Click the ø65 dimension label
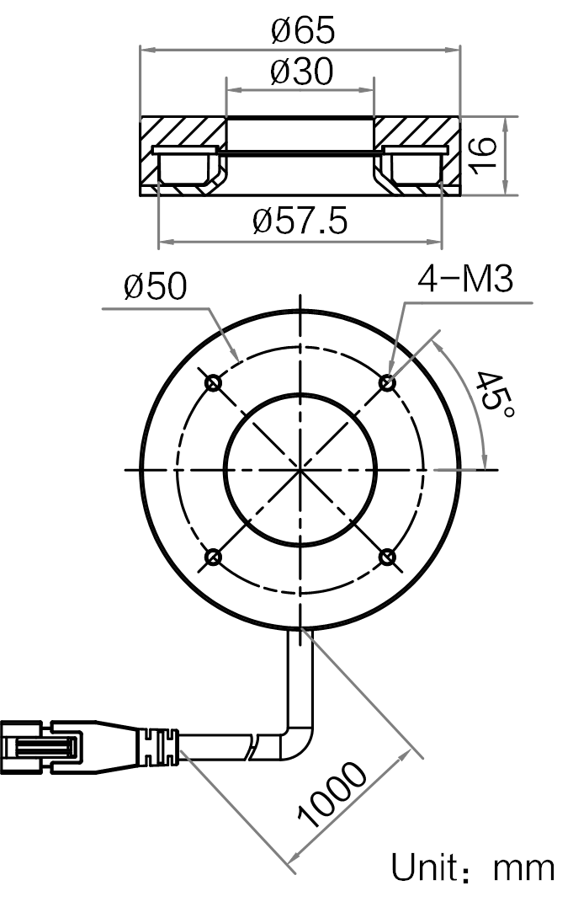click(x=303, y=30)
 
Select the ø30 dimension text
click(x=302, y=72)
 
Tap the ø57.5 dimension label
click(x=300, y=221)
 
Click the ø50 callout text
click(x=156, y=285)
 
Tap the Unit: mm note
click(x=473, y=867)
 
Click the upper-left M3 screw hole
click(x=214, y=382)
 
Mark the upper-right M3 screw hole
click(x=387, y=382)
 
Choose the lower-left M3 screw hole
click(x=214, y=557)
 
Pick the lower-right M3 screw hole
click(x=387, y=557)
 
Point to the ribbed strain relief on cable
click(x=158, y=747)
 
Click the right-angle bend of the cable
click(x=298, y=740)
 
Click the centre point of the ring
click(x=300, y=470)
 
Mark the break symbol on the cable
click(x=254, y=747)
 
